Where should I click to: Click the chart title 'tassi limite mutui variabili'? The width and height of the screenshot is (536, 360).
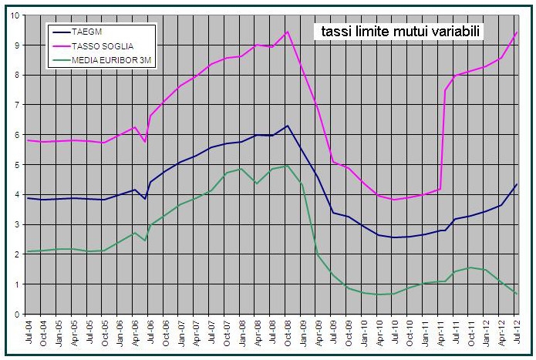coord(397,32)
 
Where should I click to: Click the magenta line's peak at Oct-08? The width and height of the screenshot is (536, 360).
coord(288,32)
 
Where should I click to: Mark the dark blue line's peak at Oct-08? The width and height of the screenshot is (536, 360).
coord(288,126)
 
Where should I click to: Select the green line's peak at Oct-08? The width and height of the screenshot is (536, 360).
coord(288,166)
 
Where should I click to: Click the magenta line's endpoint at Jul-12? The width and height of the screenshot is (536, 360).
coord(517,32)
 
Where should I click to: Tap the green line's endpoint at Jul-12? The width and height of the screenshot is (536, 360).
coord(517,294)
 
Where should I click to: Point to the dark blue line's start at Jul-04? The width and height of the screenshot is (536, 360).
coord(28,198)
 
